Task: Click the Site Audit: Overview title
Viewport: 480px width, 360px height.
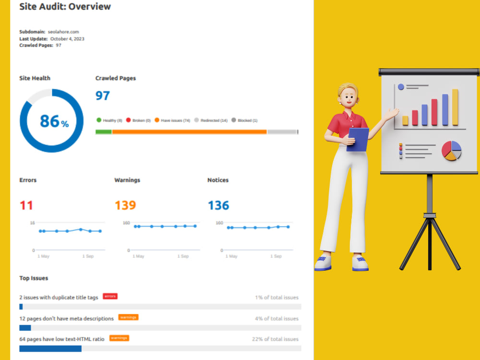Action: point(65,6)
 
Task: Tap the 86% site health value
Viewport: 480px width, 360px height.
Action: point(54,121)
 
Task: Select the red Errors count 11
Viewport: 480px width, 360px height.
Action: point(26,205)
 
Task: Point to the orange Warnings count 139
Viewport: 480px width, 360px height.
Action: point(125,205)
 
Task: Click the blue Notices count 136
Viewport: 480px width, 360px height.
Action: point(218,205)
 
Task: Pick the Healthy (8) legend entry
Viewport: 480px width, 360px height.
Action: point(109,120)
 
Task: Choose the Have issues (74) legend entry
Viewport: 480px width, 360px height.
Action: point(172,120)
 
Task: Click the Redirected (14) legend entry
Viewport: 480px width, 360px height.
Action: point(211,120)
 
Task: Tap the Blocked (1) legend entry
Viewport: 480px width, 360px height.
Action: point(244,120)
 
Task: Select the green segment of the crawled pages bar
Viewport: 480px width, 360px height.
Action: point(104,132)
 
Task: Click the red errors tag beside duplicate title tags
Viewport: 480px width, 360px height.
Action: point(110,296)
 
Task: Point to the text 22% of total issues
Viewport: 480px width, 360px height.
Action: point(275,339)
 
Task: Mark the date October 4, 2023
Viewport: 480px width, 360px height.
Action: point(67,39)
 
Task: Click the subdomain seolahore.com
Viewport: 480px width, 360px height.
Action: point(63,32)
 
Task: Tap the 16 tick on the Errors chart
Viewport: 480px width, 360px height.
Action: point(33,223)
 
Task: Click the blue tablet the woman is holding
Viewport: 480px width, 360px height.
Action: point(358,140)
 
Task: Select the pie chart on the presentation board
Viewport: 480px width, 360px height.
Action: point(451,151)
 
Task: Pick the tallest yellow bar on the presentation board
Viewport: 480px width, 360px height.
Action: point(455,107)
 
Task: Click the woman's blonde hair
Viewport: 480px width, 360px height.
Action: point(347,89)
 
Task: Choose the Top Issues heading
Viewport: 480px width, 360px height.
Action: point(34,278)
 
